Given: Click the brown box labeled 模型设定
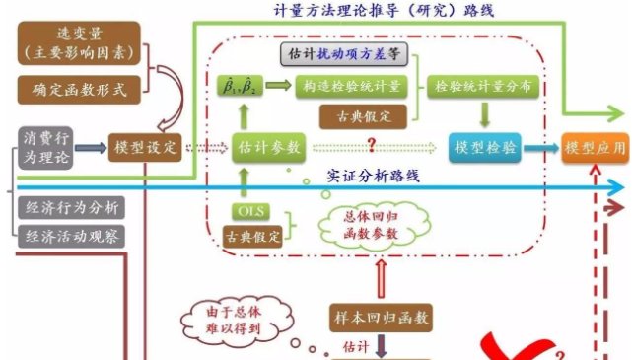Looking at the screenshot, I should (145, 148).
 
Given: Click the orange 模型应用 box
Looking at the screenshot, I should (595, 148).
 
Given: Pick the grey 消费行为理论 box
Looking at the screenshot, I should (45, 147).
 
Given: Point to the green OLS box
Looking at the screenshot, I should (250, 211).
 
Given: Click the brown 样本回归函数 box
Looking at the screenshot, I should (379, 318).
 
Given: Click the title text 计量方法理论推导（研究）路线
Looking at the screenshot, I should (371, 10).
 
